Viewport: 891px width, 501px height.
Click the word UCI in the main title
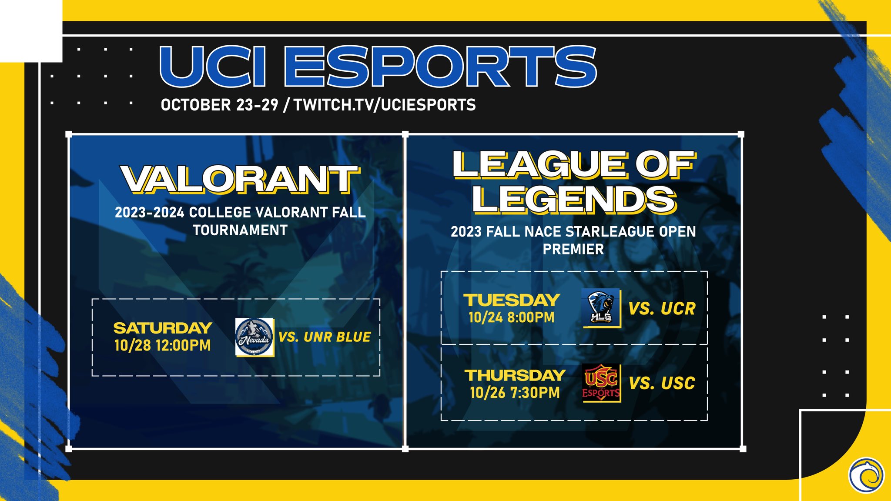pyautogui.click(x=213, y=66)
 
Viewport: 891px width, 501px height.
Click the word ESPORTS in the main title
pyautogui.click(x=441, y=66)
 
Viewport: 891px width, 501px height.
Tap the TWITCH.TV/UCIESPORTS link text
pyautogui.click(x=385, y=105)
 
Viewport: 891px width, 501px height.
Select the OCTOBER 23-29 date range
pyautogui.click(x=219, y=105)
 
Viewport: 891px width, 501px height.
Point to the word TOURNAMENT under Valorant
pyautogui.click(x=240, y=230)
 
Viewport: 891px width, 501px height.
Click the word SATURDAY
pyautogui.click(x=163, y=328)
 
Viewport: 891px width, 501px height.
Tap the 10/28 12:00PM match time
pyautogui.click(x=162, y=345)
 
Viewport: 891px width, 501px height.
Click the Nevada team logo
pyautogui.click(x=255, y=337)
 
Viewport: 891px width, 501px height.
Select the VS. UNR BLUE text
pyautogui.click(x=325, y=337)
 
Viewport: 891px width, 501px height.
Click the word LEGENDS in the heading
pyautogui.click(x=574, y=200)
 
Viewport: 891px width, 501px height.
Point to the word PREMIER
pyautogui.click(x=573, y=249)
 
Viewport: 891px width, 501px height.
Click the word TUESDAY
pyautogui.click(x=512, y=300)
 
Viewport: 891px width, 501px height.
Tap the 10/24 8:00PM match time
pyautogui.click(x=512, y=317)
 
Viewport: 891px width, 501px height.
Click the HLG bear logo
pyautogui.click(x=601, y=308)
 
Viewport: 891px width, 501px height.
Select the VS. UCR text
pyautogui.click(x=662, y=309)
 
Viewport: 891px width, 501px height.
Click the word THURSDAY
pyautogui.click(x=515, y=375)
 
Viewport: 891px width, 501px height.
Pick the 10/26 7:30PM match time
pyautogui.click(x=515, y=392)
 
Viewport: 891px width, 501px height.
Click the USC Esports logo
pyautogui.click(x=601, y=383)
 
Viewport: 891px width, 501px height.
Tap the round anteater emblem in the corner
pyautogui.click(x=866, y=475)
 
